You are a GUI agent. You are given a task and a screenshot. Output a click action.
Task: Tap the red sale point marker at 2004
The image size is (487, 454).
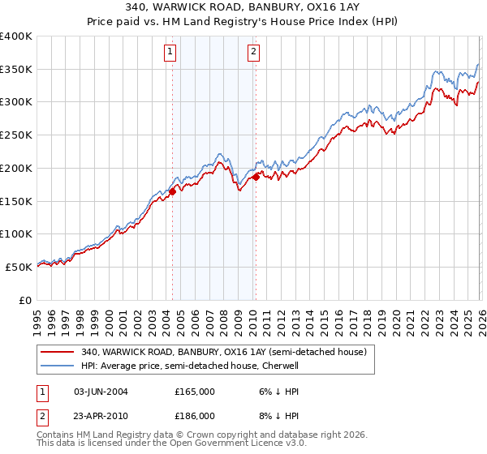(x=172, y=191)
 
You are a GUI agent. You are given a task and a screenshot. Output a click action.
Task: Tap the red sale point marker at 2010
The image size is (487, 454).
(x=256, y=177)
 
